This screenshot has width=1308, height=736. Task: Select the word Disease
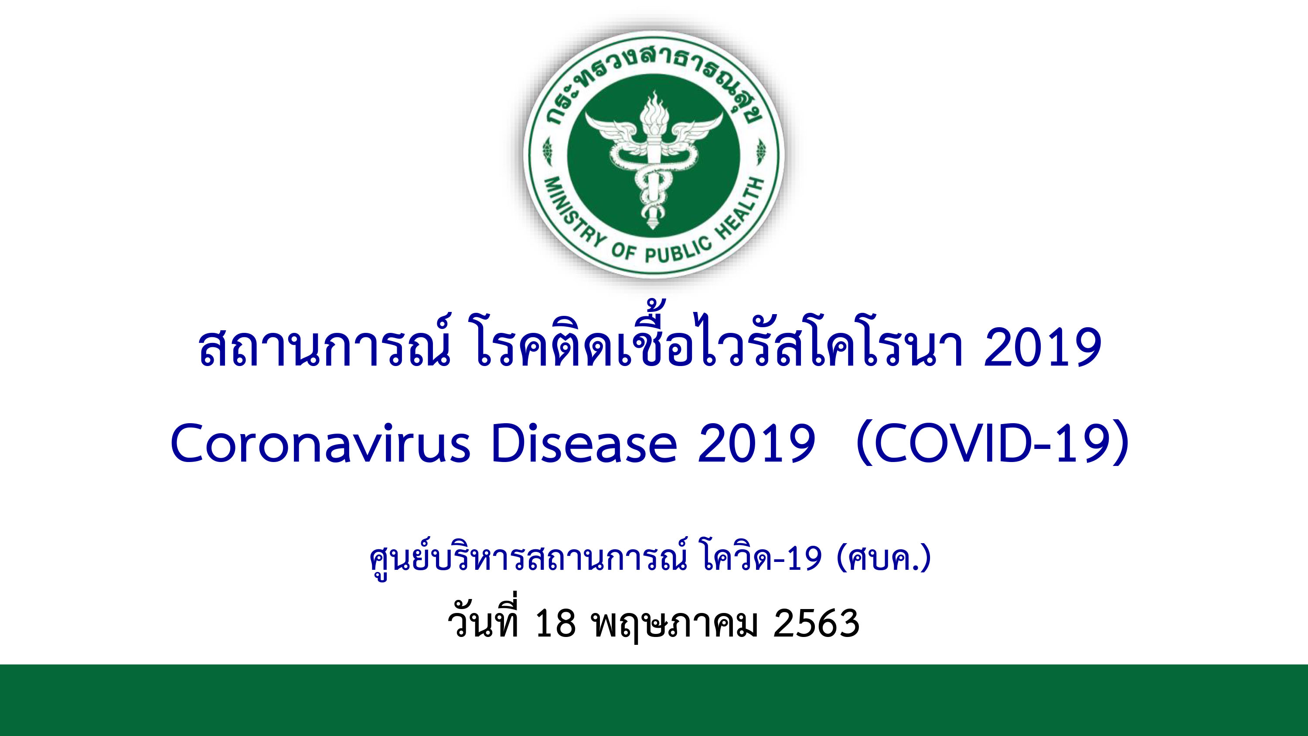[584, 443]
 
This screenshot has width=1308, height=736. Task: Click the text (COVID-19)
[993, 443]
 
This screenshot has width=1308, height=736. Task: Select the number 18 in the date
[555, 623]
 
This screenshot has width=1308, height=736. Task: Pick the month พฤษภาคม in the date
[675, 624]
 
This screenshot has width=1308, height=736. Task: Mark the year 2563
[817, 623]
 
